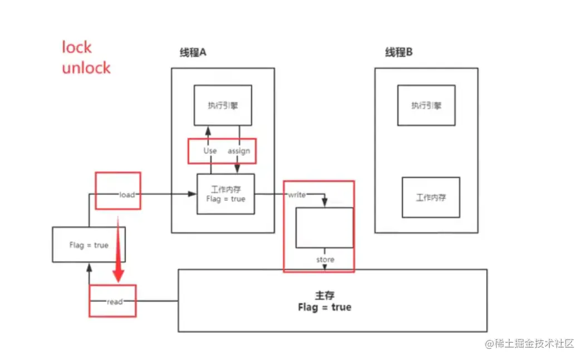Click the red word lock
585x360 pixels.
click(x=76, y=48)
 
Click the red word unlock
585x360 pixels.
click(x=86, y=68)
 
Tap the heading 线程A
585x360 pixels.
click(x=193, y=52)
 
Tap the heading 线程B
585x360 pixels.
click(x=399, y=52)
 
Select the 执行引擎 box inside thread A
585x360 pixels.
click(x=223, y=105)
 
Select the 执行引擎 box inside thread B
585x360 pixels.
click(x=426, y=105)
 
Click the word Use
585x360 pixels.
click(x=210, y=151)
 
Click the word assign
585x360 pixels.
click(x=239, y=151)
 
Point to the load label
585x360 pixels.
click(x=127, y=194)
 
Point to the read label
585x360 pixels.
click(x=115, y=302)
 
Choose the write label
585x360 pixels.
click(x=296, y=194)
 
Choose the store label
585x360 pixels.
click(x=325, y=259)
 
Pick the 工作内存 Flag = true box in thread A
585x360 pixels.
click(x=225, y=194)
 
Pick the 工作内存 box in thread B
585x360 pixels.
click(x=431, y=197)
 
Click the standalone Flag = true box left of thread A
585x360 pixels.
click(x=89, y=245)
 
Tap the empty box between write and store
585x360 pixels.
click(x=324, y=227)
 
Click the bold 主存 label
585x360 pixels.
click(x=324, y=295)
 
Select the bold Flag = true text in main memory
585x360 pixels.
click(x=325, y=307)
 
